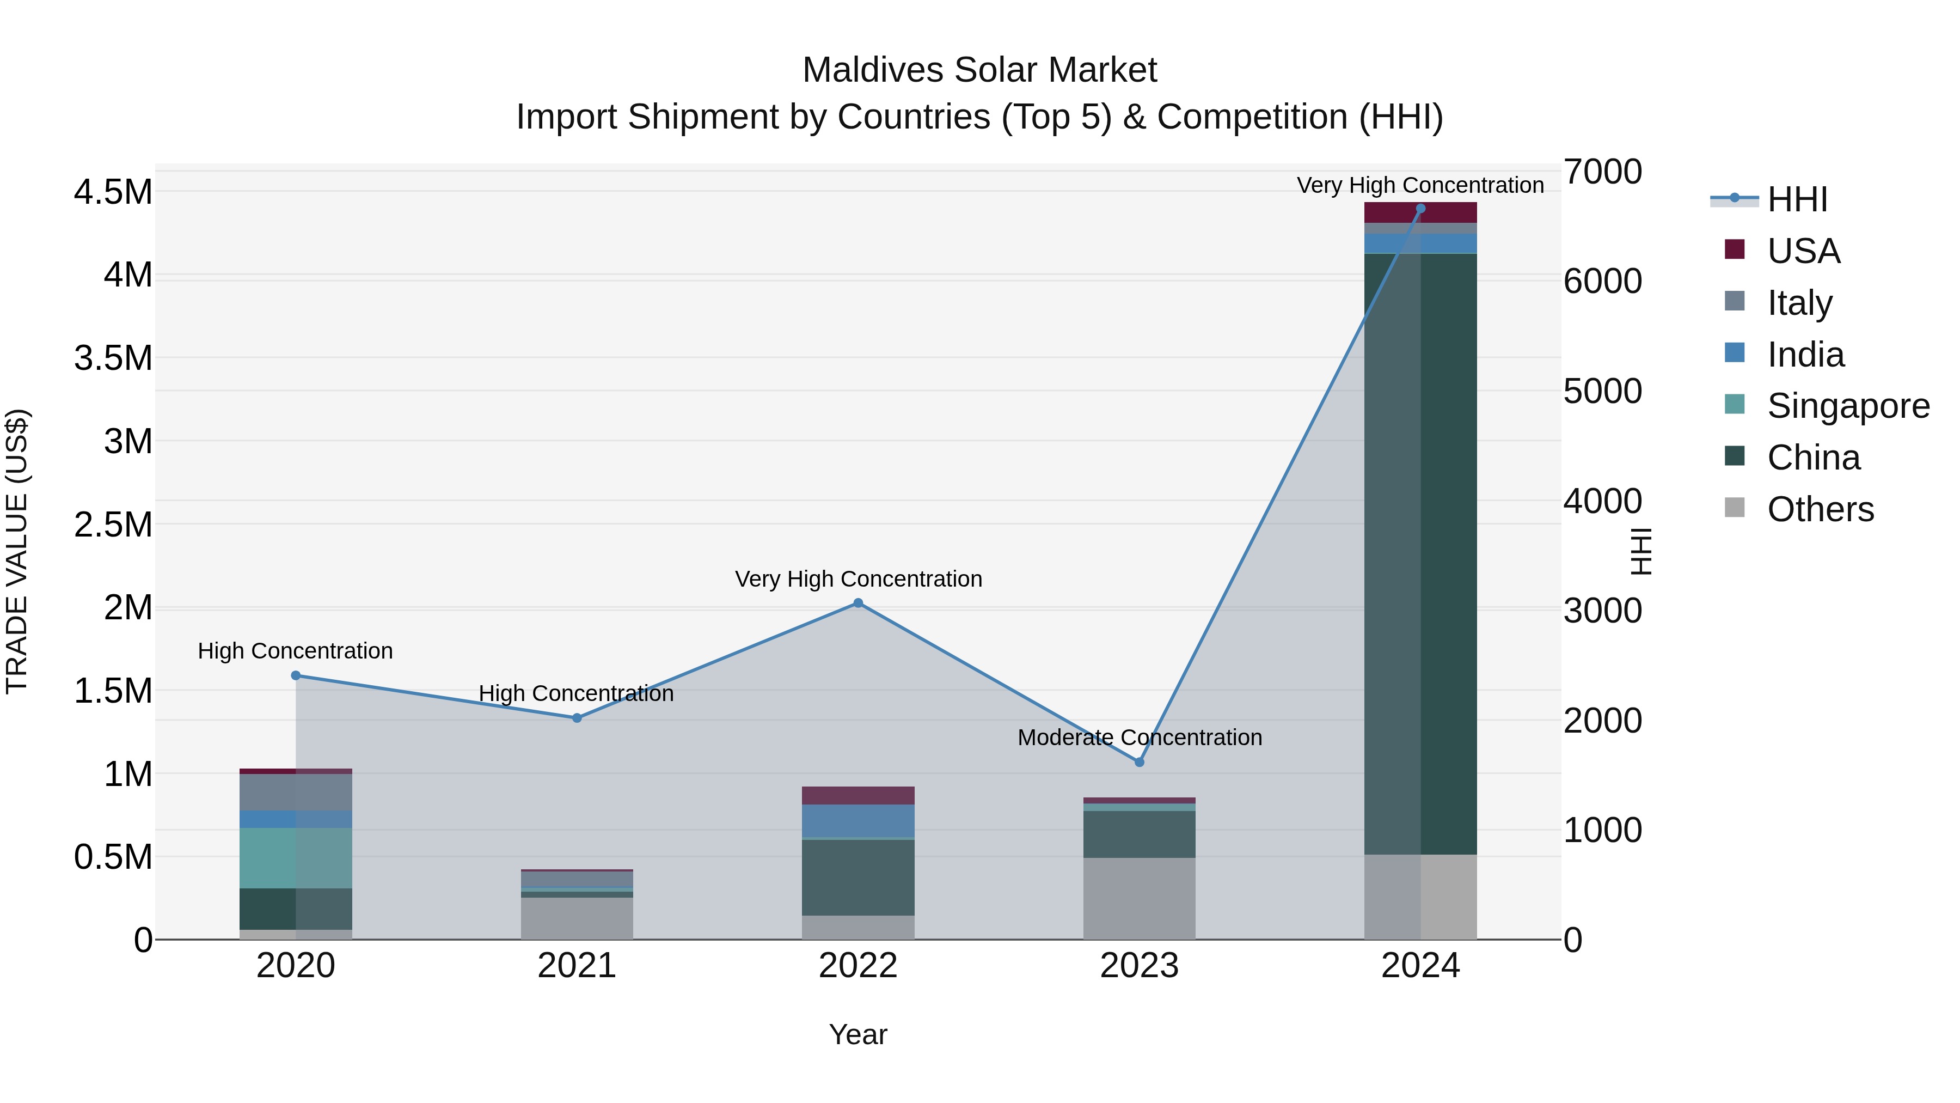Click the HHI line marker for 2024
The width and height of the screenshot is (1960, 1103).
point(1420,209)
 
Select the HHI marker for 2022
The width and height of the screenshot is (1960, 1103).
point(857,603)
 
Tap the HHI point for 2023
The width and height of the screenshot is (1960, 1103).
point(1139,762)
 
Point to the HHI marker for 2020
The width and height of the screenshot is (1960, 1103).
point(296,675)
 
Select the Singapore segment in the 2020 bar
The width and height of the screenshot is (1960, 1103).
point(296,857)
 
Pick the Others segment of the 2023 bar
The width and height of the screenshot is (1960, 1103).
point(1139,898)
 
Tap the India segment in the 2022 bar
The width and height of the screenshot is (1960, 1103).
point(857,821)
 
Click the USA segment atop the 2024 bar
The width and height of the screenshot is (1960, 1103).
point(1420,212)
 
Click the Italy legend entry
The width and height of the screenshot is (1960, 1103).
point(1799,302)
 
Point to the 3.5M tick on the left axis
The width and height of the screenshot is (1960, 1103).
point(113,358)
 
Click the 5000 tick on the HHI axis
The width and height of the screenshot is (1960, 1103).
point(1602,391)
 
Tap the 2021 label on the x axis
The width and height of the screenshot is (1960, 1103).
point(577,966)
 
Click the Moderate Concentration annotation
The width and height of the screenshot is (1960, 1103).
point(1139,737)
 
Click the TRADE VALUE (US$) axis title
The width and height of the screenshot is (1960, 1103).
point(17,551)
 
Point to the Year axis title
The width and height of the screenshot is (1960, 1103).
point(857,1034)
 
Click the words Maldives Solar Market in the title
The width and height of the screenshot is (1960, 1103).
point(979,70)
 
